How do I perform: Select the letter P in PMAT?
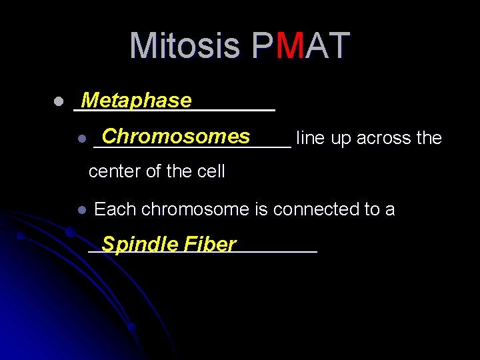[263, 46]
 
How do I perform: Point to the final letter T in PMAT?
[337, 46]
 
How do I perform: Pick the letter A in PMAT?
[314, 46]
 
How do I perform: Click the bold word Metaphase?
[135, 101]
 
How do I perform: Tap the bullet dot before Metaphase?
[58, 103]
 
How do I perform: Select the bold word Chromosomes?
[175, 136]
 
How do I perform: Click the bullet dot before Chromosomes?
[81, 139]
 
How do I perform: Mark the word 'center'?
[115, 172]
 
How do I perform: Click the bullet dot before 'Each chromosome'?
[81, 210]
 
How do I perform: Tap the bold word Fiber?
[210, 245]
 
